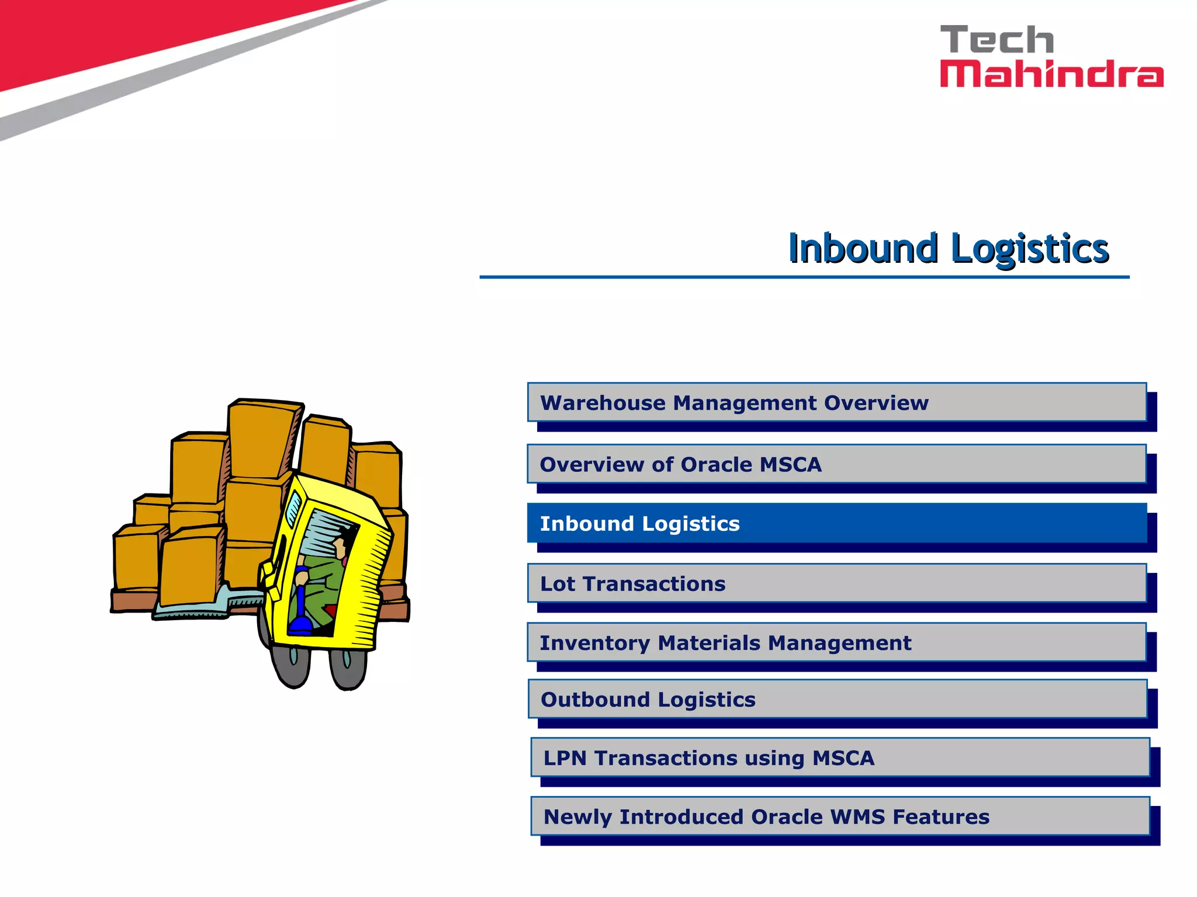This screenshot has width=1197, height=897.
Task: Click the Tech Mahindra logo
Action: tap(1051, 57)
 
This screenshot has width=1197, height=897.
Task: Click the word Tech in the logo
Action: tap(997, 40)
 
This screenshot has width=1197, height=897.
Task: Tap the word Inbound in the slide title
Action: tap(863, 248)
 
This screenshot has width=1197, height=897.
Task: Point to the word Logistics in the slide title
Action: tap(1030, 249)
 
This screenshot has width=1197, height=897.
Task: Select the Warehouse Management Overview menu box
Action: tap(836, 402)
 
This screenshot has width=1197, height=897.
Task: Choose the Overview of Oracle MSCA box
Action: tap(836, 464)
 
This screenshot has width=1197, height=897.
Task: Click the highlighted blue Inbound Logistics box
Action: tap(836, 523)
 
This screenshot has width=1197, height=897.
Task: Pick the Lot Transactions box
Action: tap(836, 583)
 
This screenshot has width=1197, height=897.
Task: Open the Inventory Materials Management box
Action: tap(836, 642)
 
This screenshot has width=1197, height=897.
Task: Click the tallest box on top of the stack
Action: tap(261, 438)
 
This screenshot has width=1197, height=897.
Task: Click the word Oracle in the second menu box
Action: tap(717, 465)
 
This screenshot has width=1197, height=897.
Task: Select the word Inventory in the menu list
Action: tap(594, 643)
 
